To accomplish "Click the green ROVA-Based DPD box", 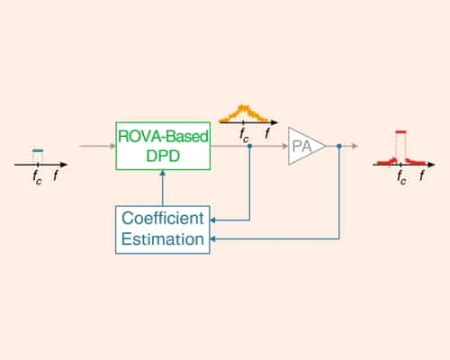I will click(x=163, y=145).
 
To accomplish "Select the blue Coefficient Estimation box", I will click(x=162, y=229).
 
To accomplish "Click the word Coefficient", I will click(x=163, y=219).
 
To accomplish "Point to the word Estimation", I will click(x=162, y=239).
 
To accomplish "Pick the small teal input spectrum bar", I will click(x=37, y=151).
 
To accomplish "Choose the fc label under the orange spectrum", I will click(x=245, y=136).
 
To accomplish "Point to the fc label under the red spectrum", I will click(x=401, y=176).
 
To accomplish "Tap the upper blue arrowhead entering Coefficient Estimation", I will click(x=216, y=219).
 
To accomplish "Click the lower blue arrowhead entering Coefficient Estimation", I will click(x=216, y=239).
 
